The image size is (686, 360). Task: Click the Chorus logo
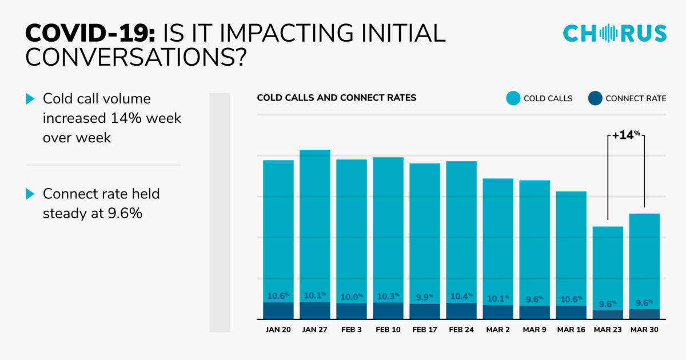point(615,33)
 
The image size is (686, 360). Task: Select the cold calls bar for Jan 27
point(315,226)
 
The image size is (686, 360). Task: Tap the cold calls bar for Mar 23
point(608,268)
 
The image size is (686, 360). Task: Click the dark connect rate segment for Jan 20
point(278,311)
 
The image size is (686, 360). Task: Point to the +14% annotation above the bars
point(625,135)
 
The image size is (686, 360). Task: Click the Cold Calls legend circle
point(513,98)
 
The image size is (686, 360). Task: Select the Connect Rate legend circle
point(595,98)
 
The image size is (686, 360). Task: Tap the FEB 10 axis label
point(388,330)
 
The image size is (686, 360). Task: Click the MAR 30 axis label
point(644,330)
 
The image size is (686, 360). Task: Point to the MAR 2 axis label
point(498,330)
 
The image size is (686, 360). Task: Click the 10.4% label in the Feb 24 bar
point(461,296)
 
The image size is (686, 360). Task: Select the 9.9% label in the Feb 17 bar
point(424,297)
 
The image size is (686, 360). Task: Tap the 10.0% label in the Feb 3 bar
point(352,297)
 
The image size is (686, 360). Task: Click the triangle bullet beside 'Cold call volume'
point(30,99)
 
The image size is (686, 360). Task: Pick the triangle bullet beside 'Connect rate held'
point(30,194)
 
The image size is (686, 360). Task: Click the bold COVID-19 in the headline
point(90,33)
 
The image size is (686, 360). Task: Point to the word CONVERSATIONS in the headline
point(136,57)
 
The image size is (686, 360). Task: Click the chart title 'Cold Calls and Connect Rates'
point(337,98)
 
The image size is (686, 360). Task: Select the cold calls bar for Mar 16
point(571,249)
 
